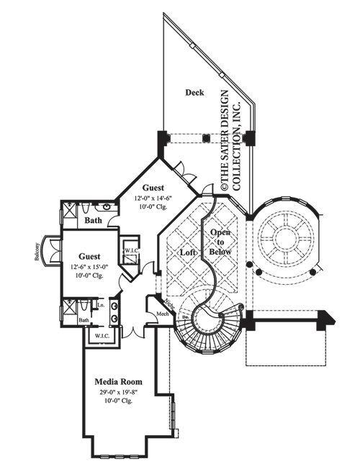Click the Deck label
[194, 92]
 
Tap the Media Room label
[117, 381]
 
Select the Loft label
[188, 253]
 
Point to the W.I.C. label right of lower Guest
[131, 250]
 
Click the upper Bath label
[92, 220]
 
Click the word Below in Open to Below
[219, 253]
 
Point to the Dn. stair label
[185, 316]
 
